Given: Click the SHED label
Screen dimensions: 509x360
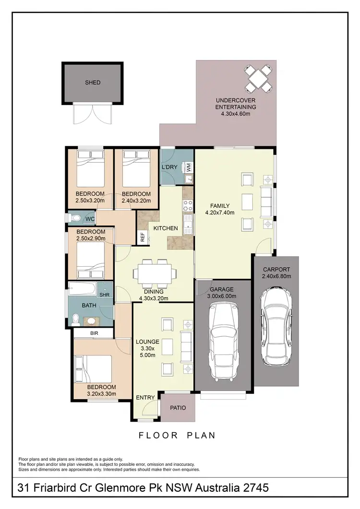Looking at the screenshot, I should coord(93,83).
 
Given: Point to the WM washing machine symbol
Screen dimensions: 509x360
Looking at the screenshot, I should coord(189,167).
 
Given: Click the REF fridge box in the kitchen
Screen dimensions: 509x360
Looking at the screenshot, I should coord(143,236).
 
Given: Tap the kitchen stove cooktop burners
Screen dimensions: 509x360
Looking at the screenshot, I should coord(187,206).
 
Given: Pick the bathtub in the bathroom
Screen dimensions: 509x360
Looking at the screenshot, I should coord(83,289).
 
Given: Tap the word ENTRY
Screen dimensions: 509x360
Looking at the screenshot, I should coord(145,398).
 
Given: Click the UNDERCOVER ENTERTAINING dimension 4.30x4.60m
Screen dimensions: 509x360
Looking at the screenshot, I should coord(235,114).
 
